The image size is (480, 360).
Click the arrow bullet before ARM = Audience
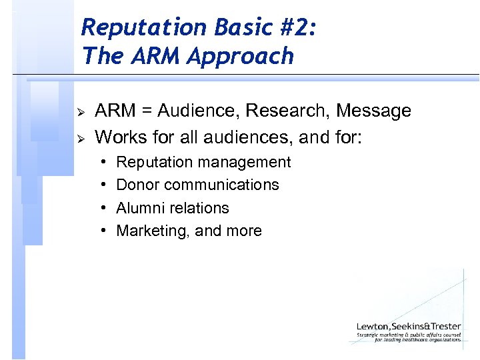tap(79, 111)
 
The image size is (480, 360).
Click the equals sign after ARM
tap(143, 111)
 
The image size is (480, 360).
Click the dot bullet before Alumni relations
tap(105, 208)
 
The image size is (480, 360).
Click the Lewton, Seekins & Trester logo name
tap(408, 326)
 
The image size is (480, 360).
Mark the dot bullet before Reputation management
tap(105, 162)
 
